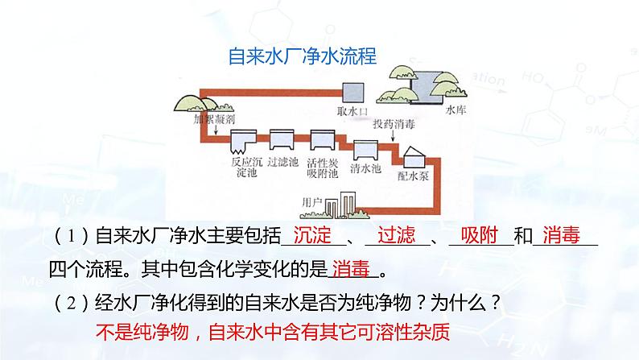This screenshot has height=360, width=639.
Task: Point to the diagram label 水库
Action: [455, 114]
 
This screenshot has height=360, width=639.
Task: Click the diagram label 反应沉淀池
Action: [242, 166]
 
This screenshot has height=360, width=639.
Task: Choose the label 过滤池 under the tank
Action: [283, 161]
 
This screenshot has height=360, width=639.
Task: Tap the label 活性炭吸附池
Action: [323, 167]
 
